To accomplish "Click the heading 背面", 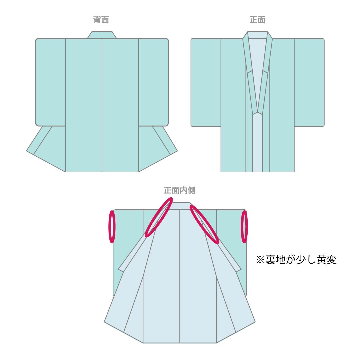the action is pos(101,20).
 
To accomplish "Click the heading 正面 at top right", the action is pos(257,20).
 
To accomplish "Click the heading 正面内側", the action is pos(180,190).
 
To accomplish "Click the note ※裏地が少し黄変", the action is pos(296,260).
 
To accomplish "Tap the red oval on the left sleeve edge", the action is pos(112,227).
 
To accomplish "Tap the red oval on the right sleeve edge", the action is pos(244,227).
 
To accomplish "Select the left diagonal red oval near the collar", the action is pos(159,217).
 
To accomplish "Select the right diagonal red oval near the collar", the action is pos(204,224).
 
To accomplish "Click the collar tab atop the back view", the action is pos(102,35).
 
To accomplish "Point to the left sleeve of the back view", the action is pos(50,82).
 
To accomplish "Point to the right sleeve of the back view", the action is pos(154,82).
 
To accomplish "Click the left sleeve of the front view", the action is pos(206,82).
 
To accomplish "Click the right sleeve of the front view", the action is pos(309,82).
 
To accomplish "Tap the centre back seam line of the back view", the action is pos(102,105).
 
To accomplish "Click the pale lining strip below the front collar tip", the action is pos(257,143).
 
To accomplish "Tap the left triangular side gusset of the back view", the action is pos(46,149).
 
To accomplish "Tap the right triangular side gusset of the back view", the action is pos(158,149).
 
